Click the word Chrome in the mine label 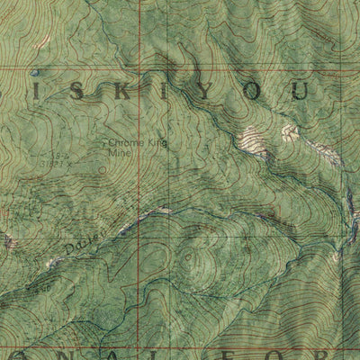(126, 143)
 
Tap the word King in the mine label (156, 143)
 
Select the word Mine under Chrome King (119, 153)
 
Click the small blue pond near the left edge (34, 73)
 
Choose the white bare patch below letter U (290, 132)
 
